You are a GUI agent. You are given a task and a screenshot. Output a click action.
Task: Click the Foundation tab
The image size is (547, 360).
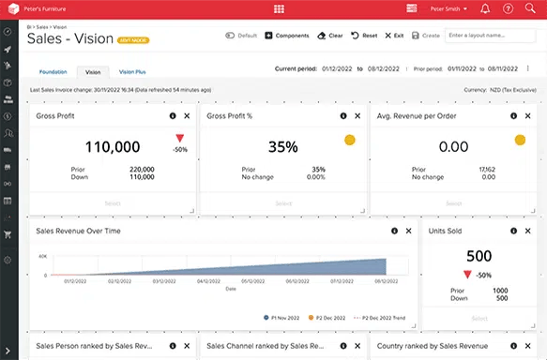click(x=53, y=71)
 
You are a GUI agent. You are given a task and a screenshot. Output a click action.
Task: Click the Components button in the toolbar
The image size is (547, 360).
click(x=286, y=35)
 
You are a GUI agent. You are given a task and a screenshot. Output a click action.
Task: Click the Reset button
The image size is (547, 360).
click(x=364, y=35)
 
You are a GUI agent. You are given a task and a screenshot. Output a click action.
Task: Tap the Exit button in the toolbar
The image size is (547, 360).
click(x=394, y=35)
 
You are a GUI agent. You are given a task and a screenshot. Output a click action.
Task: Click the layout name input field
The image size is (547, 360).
click(x=492, y=35)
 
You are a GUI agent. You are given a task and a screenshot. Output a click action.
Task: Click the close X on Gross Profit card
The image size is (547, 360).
click(x=187, y=115)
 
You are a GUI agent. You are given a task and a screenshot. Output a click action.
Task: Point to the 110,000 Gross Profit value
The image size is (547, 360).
click(x=113, y=146)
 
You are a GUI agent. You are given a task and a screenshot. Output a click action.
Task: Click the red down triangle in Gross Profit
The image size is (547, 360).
click(x=179, y=139)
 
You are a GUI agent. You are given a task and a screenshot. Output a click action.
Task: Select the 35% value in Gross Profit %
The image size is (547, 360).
click(x=282, y=146)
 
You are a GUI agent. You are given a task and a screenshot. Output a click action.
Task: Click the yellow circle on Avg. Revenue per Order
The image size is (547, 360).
click(x=519, y=140)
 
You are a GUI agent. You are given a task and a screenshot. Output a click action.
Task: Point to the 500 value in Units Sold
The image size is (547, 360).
click(x=479, y=256)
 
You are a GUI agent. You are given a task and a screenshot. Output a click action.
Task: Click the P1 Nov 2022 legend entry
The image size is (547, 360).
click(x=283, y=318)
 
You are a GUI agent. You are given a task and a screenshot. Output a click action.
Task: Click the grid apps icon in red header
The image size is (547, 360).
click(x=279, y=8)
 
